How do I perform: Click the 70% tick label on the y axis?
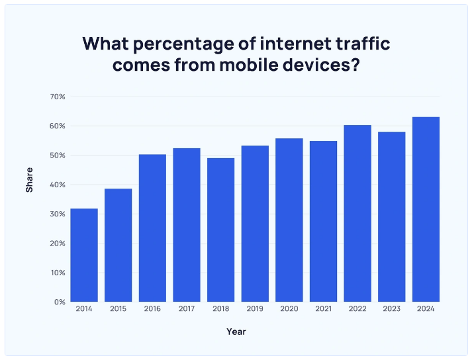tap(57, 97)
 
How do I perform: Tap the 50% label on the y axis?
tap(57, 156)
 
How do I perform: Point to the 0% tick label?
tap(59, 302)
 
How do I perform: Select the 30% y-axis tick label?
tap(57, 214)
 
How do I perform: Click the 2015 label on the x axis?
tap(118, 310)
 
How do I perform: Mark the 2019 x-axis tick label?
tap(255, 310)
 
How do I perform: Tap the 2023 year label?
tap(392, 310)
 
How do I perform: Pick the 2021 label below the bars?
tap(323, 310)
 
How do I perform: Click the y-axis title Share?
tap(29, 181)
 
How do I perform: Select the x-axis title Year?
tap(236, 331)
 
